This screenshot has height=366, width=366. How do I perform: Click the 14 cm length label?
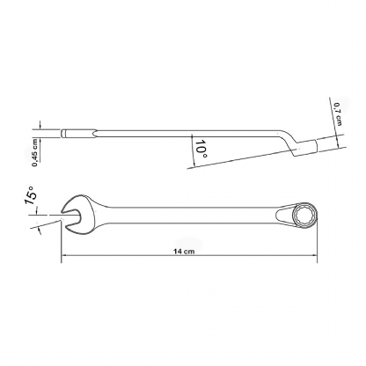click(x=184, y=251)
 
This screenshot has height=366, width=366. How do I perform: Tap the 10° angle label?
click(x=201, y=149)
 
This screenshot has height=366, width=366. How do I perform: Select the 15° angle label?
click(x=30, y=195)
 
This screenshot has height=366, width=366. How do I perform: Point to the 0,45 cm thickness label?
click(x=35, y=152)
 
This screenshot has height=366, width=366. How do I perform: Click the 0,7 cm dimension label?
click(x=338, y=113)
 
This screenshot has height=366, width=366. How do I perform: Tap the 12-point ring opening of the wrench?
click(x=305, y=216)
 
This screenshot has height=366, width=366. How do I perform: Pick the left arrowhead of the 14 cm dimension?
click(x=63, y=255)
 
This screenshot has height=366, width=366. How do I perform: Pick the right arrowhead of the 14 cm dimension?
click(x=315, y=255)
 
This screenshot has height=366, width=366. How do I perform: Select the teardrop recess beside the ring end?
click(x=283, y=216)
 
